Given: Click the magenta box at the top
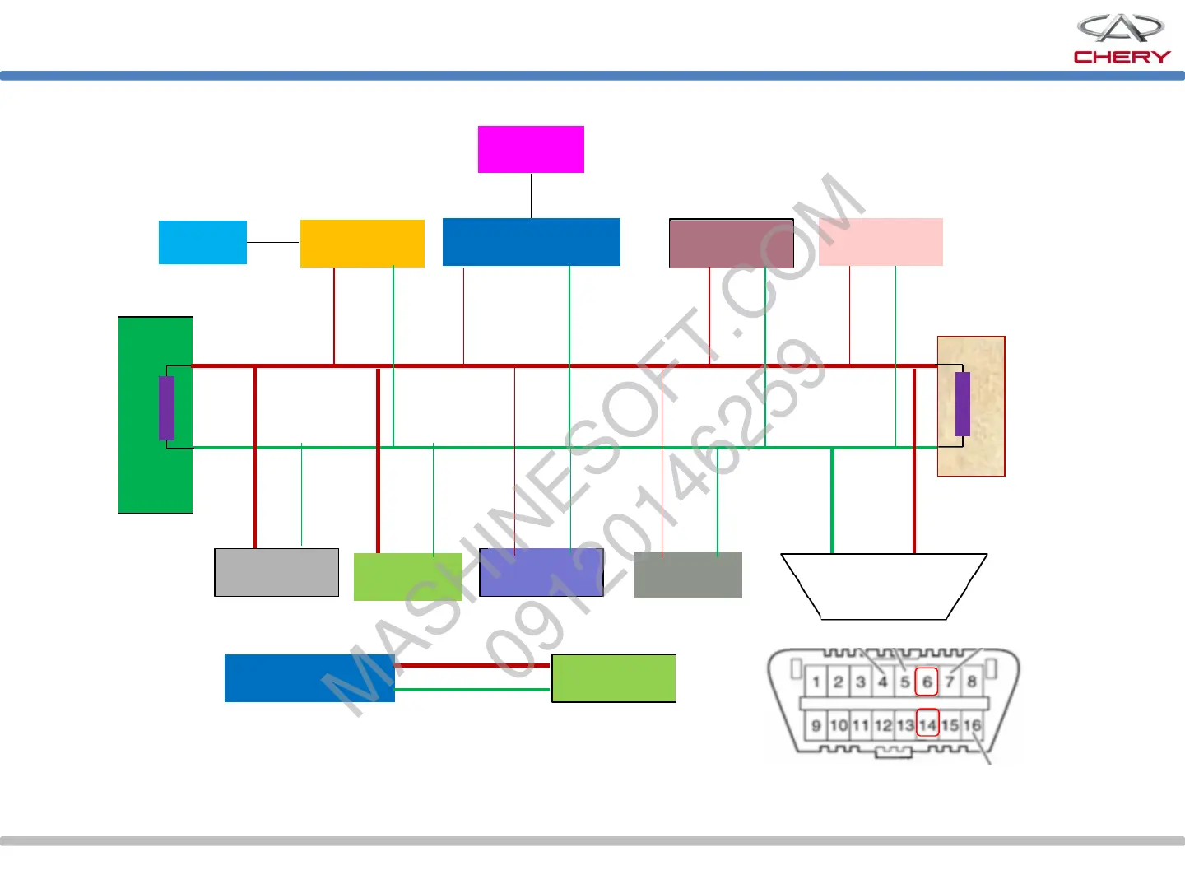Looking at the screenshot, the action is pyautogui.click(x=531, y=149).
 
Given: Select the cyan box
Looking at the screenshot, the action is pyautogui.click(x=202, y=242).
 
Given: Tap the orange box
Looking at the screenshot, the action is pyautogui.click(x=362, y=243).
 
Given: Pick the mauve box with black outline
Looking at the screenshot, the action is pyautogui.click(x=732, y=243).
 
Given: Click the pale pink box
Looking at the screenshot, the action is pyautogui.click(x=881, y=242).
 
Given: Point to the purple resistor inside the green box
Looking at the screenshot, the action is pyautogui.click(x=166, y=407).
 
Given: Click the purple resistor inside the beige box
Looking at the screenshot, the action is pyautogui.click(x=962, y=403).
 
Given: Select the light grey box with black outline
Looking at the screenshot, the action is pyautogui.click(x=276, y=572).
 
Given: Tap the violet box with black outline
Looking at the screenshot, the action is pyautogui.click(x=541, y=572).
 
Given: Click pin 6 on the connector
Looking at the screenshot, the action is pyautogui.click(x=927, y=682).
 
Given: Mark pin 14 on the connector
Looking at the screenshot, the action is pyautogui.click(x=927, y=725).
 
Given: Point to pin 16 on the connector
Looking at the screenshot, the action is pyautogui.click(x=972, y=725).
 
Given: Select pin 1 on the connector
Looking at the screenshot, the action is pyautogui.click(x=816, y=682).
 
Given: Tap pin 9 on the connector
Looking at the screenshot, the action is pyautogui.click(x=816, y=725).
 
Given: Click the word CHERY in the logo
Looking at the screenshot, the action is pyautogui.click(x=1122, y=57).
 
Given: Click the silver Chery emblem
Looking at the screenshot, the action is pyautogui.click(x=1121, y=28).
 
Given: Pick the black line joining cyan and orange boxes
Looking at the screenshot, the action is pyautogui.click(x=273, y=242).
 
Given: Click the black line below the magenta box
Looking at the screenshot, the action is pyautogui.click(x=531, y=195).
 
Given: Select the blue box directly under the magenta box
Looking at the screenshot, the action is pyautogui.click(x=531, y=242).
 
